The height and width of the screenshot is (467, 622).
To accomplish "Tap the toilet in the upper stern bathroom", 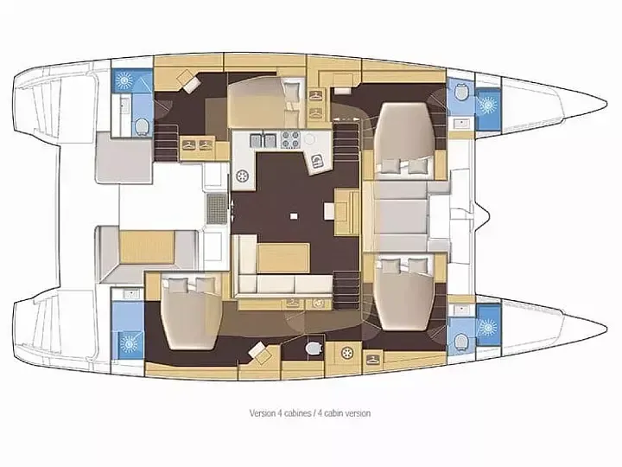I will coord(140,126).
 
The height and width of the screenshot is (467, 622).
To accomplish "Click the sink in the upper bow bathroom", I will coord(459,124).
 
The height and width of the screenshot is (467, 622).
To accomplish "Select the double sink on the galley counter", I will coord(262,139).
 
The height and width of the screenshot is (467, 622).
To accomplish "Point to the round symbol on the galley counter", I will coord(243,176).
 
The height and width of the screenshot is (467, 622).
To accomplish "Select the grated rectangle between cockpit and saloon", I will coord(216,207).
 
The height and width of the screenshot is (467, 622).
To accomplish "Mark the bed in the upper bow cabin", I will coord(404,132).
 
